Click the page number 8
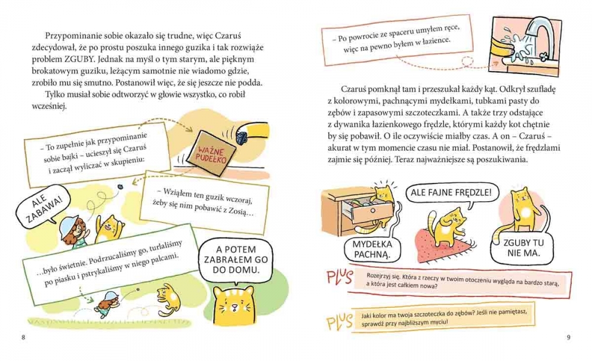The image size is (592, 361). pyautogui.click(x=24, y=337)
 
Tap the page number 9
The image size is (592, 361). pyautogui.click(x=568, y=337)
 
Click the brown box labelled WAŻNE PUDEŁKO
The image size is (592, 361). pyautogui.click(x=212, y=153)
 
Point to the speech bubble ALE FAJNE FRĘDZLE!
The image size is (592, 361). pyautogui.click(x=452, y=194)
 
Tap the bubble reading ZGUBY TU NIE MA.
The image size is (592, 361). pyautogui.click(x=523, y=248)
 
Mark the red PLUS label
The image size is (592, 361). pyautogui.click(x=339, y=278)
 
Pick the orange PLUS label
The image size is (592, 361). pyautogui.click(x=339, y=322)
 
